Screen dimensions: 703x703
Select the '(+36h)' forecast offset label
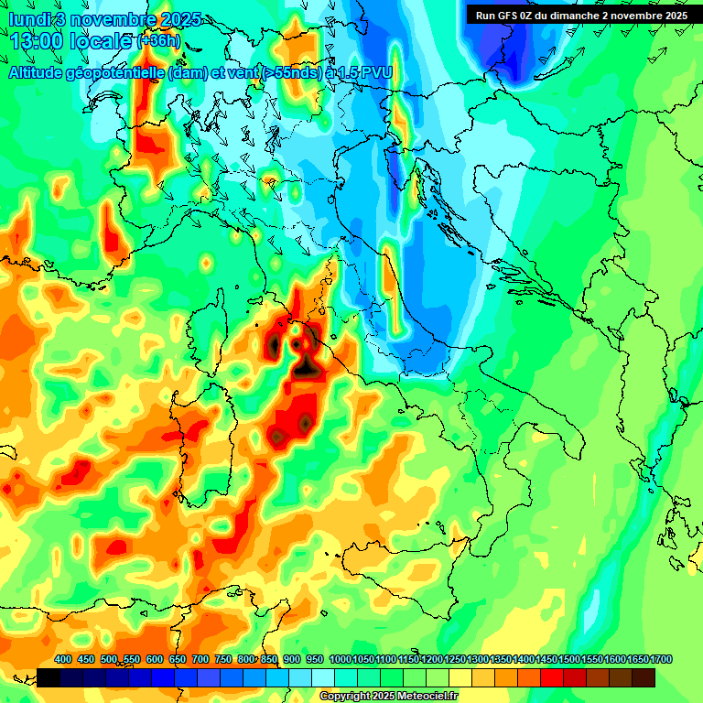pos(158,41)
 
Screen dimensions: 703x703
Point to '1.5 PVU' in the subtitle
pos(361,73)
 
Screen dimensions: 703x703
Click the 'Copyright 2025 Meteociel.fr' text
pos(389,696)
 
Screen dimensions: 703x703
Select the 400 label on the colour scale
pos(63,660)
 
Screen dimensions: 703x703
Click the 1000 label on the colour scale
pos(340,660)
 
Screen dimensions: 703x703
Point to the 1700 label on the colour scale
pos(639,660)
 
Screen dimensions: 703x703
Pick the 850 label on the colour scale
pos(270,660)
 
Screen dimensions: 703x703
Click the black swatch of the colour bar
pos(49,677)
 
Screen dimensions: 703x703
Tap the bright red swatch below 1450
pos(553,677)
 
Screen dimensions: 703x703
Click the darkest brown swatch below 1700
pos(644,677)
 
